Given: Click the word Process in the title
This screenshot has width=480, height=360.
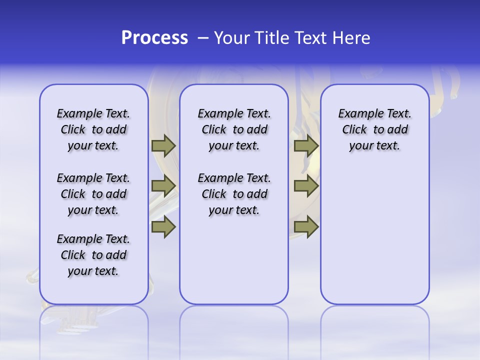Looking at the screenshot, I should click(x=154, y=38).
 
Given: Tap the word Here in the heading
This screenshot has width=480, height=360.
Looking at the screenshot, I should click(x=352, y=38).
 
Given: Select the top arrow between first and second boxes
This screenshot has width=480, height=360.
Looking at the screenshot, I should click(x=163, y=145).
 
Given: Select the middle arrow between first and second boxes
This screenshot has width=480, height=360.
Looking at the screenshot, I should click(x=163, y=186).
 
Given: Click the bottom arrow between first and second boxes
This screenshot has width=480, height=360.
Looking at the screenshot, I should click(x=163, y=226).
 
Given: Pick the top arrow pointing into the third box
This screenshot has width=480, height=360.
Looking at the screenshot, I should click(x=306, y=145).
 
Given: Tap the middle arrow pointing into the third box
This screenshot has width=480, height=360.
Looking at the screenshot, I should click(x=306, y=186).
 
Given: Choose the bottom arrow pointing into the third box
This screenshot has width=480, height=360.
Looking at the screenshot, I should click(x=306, y=226).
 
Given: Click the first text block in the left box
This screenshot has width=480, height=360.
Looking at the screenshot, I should click(x=93, y=129).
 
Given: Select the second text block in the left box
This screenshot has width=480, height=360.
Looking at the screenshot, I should click(x=93, y=194).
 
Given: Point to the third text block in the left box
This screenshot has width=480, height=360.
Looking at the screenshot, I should click(x=93, y=255).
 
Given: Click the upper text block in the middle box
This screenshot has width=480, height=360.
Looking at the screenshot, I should click(x=234, y=129).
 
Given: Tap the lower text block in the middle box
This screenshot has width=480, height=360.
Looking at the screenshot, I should click(x=234, y=194).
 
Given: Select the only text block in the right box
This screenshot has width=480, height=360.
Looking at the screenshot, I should click(x=374, y=129).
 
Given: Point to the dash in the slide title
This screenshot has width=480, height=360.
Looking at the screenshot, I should click(x=203, y=38).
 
